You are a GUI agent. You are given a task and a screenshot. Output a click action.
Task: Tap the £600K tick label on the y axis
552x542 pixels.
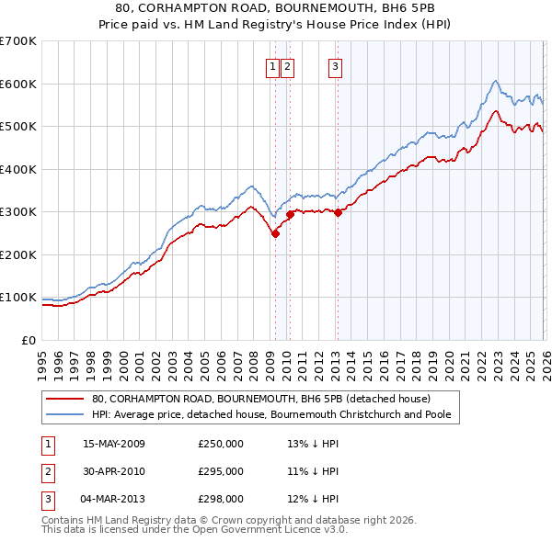pos(18,84)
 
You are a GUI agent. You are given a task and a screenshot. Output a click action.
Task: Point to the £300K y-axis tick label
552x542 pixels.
pos(18,212)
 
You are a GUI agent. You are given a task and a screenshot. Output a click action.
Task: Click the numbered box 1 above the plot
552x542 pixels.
pos(274,66)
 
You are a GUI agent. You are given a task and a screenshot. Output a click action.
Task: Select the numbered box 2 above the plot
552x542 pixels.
pos(287,66)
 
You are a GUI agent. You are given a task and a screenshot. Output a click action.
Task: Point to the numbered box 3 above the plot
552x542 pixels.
pos(335,66)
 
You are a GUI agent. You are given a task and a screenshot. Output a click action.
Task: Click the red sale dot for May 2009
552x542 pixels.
pos(275,233)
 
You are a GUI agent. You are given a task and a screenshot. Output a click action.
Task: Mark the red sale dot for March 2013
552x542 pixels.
pos(337,212)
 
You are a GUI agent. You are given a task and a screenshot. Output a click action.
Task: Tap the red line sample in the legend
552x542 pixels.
pos(66,399)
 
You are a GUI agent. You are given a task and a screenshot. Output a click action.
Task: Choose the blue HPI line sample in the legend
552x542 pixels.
pos(66,415)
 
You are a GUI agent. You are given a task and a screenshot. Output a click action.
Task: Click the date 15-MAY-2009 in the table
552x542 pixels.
pos(114,444)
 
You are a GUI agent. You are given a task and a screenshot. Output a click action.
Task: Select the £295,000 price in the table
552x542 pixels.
pos(221,471)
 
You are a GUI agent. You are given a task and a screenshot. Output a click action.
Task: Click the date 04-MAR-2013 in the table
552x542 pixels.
pos(114,499)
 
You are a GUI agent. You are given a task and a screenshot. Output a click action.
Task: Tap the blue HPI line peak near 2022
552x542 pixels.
pos(495,81)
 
